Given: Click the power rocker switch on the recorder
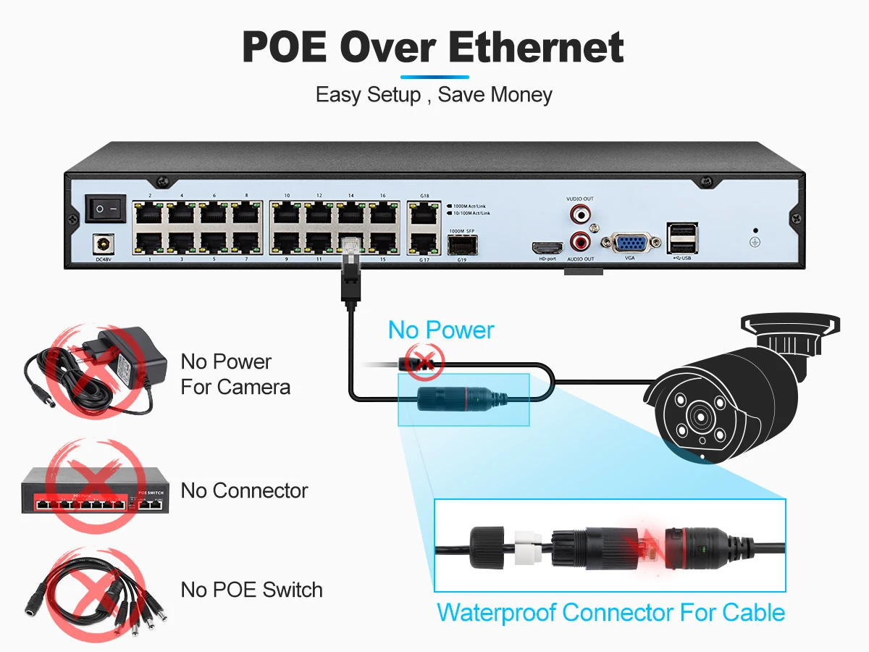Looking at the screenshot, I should [x=106, y=209].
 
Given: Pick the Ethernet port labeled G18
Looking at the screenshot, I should [x=424, y=214].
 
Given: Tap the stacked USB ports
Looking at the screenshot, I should [x=681, y=238].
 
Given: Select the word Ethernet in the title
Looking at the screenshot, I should [x=536, y=48].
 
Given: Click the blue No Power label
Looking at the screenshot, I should [x=440, y=330].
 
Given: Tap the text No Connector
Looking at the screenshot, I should [x=244, y=490].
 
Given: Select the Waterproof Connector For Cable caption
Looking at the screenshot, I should [x=610, y=613].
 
